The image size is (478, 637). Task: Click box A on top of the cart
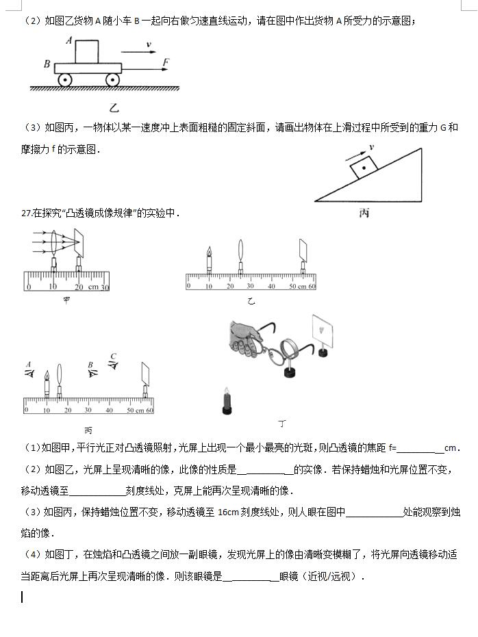[87, 51]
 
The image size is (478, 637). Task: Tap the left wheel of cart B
[64, 79]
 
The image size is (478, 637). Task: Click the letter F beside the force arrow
[166, 63]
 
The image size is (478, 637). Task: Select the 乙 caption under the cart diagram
[114, 107]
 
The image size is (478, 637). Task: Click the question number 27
[27, 213]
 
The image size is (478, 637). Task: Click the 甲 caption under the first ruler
[66, 300]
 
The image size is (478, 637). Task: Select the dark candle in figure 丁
[227, 402]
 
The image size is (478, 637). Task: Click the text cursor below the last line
[22, 597]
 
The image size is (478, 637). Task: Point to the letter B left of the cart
[47, 64]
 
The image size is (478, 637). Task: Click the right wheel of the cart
[112, 79]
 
